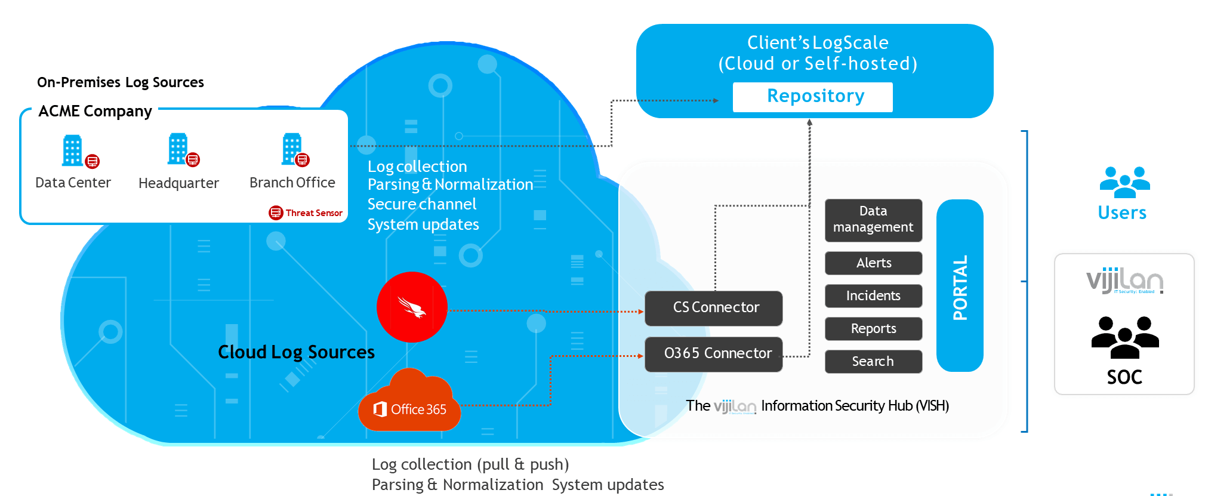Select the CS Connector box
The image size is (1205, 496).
tap(713, 308)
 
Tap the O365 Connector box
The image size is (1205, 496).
tap(713, 354)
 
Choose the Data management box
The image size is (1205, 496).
tap(873, 220)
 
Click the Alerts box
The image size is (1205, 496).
tap(873, 263)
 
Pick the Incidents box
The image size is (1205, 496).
tap(873, 296)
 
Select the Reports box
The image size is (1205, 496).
tap(873, 329)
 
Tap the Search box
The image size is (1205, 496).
tap(873, 362)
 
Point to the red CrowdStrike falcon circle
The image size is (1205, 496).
tap(412, 307)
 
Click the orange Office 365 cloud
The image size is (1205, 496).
tap(410, 403)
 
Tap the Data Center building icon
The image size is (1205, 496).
tap(73, 150)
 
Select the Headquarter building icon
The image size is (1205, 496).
tap(178, 149)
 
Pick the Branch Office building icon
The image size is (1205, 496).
tap(292, 149)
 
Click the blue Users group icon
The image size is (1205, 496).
tap(1124, 182)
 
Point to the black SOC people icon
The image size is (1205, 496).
tap(1124, 337)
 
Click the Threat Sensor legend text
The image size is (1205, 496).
tap(314, 213)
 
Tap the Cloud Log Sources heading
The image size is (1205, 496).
tap(296, 352)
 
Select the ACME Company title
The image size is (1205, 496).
tap(95, 112)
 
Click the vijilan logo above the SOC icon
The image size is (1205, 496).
tap(1124, 281)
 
